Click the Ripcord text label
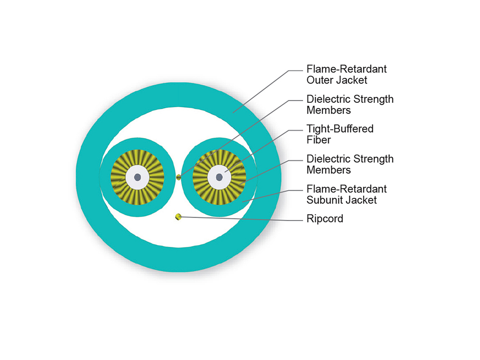[x=325, y=219]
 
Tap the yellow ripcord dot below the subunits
[x=178, y=217]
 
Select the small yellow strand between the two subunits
[x=178, y=177]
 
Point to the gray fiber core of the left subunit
[x=137, y=177]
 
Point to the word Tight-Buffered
[x=340, y=129]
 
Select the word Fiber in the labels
[x=319, y=140]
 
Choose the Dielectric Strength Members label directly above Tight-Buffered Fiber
[x=350, y=104]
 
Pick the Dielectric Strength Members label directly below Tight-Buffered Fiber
[x=350, y=164]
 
